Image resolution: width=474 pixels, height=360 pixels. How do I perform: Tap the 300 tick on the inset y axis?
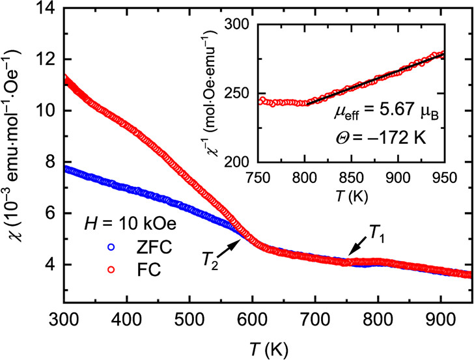tap(244, 25)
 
